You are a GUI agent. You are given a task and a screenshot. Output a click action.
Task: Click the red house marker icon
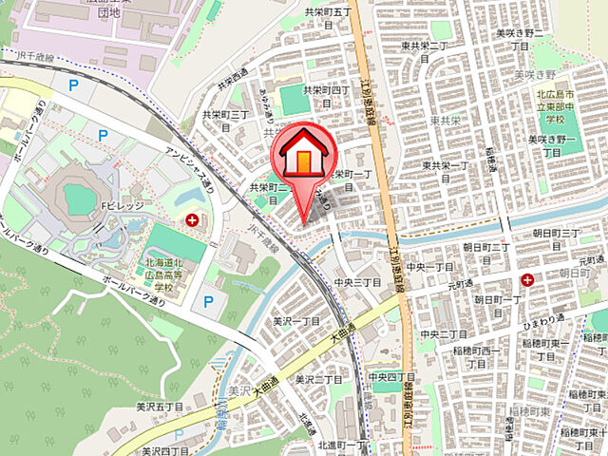(x=303, y=156)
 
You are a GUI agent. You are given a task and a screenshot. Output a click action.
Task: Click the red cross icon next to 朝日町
(x=525, y=279)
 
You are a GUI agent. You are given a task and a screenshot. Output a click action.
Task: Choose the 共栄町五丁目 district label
(x=328, y=12)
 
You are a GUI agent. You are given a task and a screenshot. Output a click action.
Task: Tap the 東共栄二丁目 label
(x=422, y=45)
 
